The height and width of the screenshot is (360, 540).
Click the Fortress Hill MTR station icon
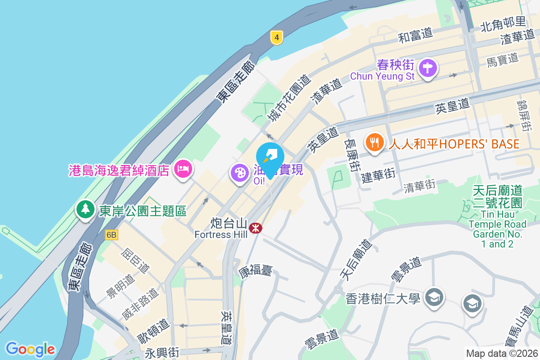(256, 228)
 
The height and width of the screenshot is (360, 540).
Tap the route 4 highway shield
(277, 38)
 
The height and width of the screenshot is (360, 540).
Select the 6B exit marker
(111, 234)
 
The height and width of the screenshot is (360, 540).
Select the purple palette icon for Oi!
(240, 173)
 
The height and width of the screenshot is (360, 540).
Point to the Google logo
(30, 349)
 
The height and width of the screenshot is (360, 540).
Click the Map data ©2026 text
(502, 354)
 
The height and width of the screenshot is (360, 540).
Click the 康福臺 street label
(256, 271)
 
